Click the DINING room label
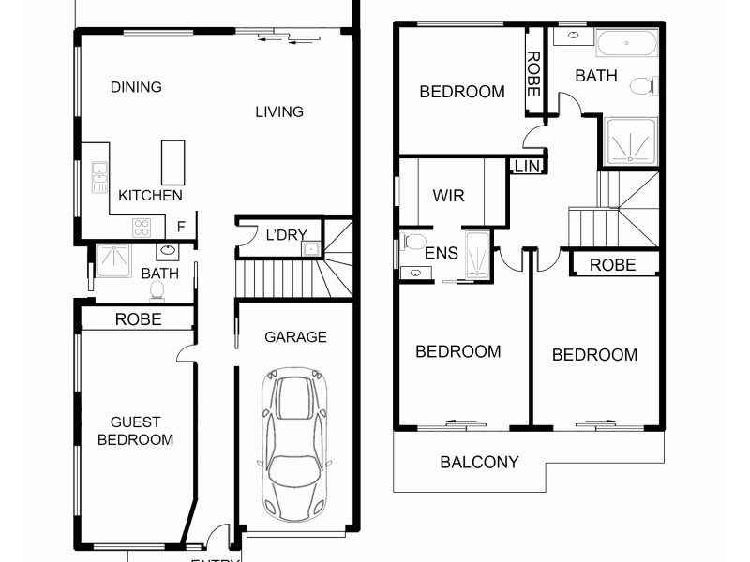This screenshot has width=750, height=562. click(x=136, y=87)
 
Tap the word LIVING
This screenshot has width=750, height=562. click(x=279, y=111)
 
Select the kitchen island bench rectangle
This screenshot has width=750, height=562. click(x=172, y=162)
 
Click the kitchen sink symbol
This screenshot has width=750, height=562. click(x=99, y=176)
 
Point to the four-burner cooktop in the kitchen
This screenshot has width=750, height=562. click(x=142, y=228)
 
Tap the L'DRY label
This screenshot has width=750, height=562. click(x=287, y=235)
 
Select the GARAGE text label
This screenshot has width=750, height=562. click(x=295, y=337)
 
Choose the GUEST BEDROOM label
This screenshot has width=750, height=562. click(x=136, y=431)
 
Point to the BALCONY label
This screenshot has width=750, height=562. click(x=479, y=462)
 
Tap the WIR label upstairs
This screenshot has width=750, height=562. click(x=448, y=197)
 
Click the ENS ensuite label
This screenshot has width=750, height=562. click(x=441, y=253)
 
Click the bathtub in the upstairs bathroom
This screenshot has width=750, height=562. click(x=627, y=43)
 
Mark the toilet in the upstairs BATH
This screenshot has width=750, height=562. click(x=642, y=86)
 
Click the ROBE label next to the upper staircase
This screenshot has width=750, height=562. click(x=612, y=265)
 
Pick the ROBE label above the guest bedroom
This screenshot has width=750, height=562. click(x=138, y=319)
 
